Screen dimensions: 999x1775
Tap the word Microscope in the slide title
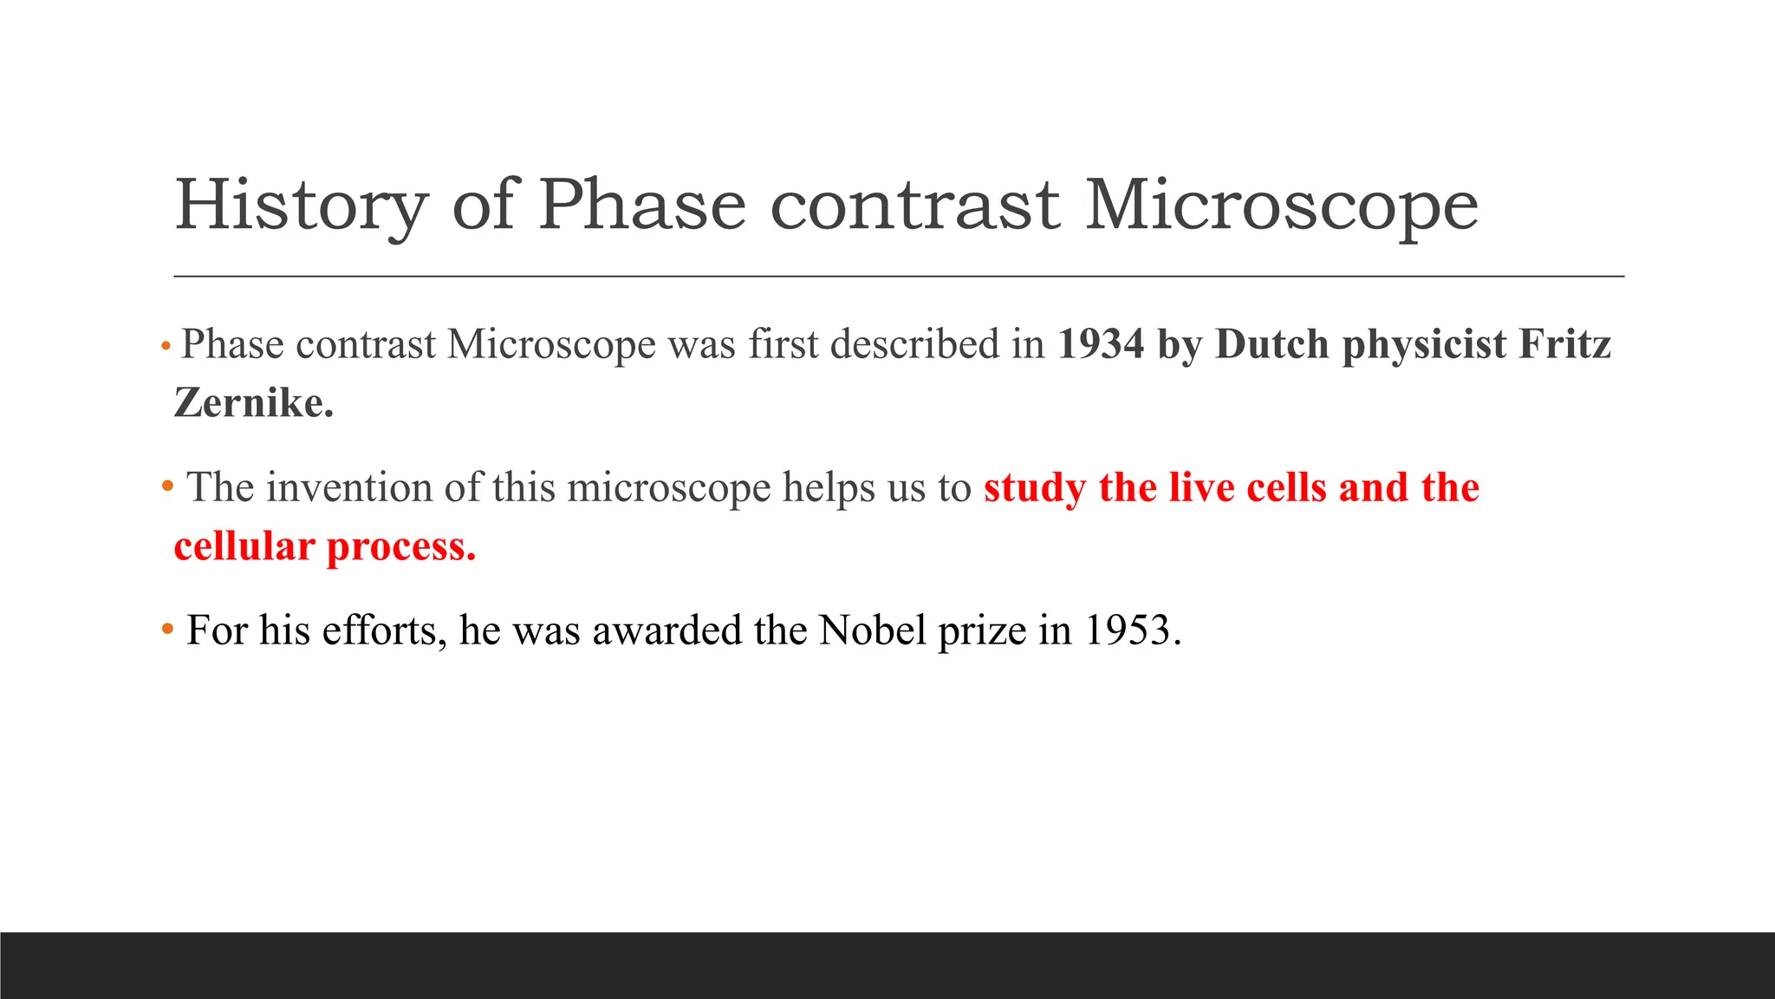point(1281,206)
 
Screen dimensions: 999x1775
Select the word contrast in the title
point(914,206)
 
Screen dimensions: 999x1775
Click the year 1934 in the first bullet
point(1101,344)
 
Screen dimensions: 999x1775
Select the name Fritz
point(1564,344)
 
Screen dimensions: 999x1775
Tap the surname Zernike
point(253,403)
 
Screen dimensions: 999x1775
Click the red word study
point(1034,487)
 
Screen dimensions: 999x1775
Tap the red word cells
point(1285,487)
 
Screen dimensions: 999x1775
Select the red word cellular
point(244,546)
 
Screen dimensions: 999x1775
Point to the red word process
point(400,546)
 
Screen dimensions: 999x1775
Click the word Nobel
point(873,630)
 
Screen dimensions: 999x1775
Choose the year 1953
point(1132,630)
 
